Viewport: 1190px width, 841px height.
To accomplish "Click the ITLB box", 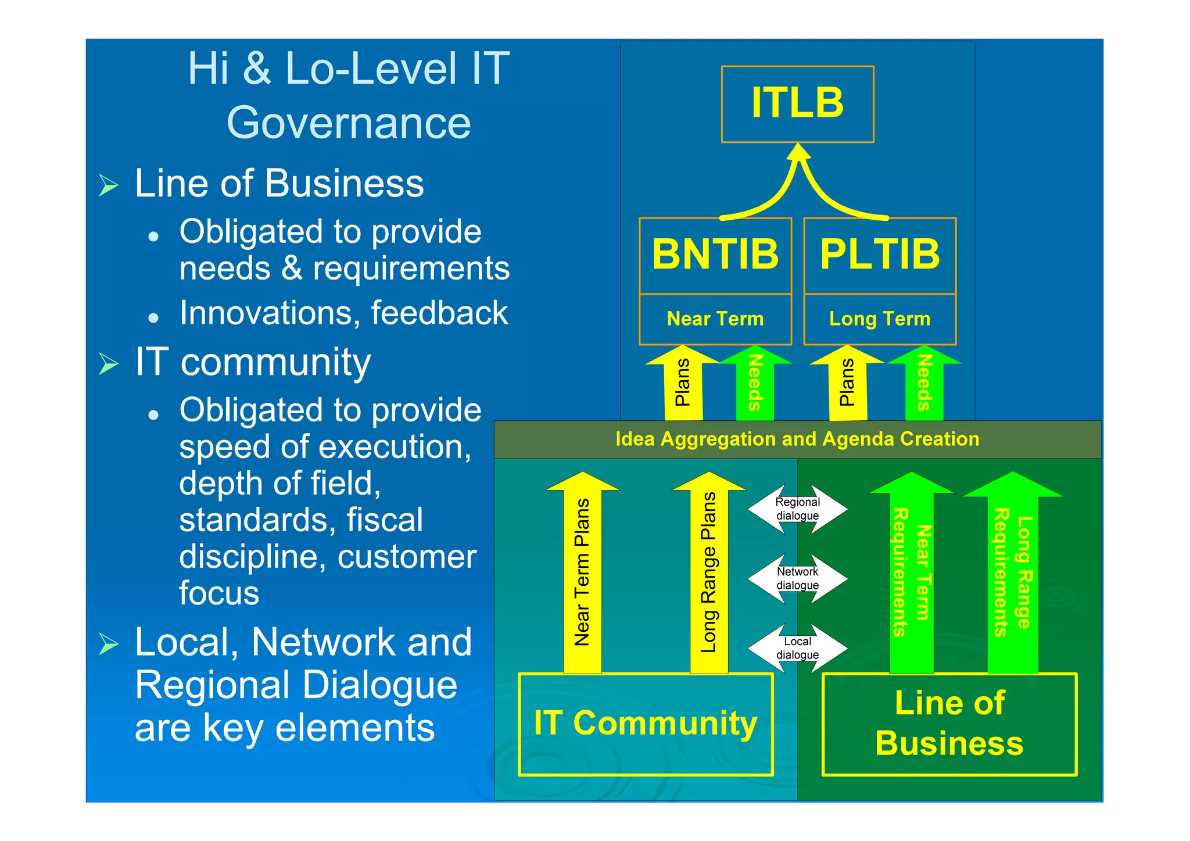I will coord(797,104).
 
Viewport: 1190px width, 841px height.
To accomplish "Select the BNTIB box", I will coord(715,255).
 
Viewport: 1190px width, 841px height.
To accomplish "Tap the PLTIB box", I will coord(880,255).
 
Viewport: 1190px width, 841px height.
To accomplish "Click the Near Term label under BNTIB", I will coord(715,319).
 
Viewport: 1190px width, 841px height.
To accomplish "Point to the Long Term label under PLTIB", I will coord(880,319).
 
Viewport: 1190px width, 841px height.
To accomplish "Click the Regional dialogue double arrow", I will coord(797,509).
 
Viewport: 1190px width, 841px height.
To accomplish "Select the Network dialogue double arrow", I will coord(797,579).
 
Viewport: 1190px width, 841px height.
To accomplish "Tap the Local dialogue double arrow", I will coord(797,649).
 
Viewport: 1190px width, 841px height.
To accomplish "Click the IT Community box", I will coord(646,724).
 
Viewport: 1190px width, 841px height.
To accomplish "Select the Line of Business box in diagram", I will coord(949,724).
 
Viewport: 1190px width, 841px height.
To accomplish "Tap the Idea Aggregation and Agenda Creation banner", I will coord(797,439).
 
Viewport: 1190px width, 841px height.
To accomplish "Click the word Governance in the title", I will coord(349,123).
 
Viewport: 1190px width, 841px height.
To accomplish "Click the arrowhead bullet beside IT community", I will coord(109,363).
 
